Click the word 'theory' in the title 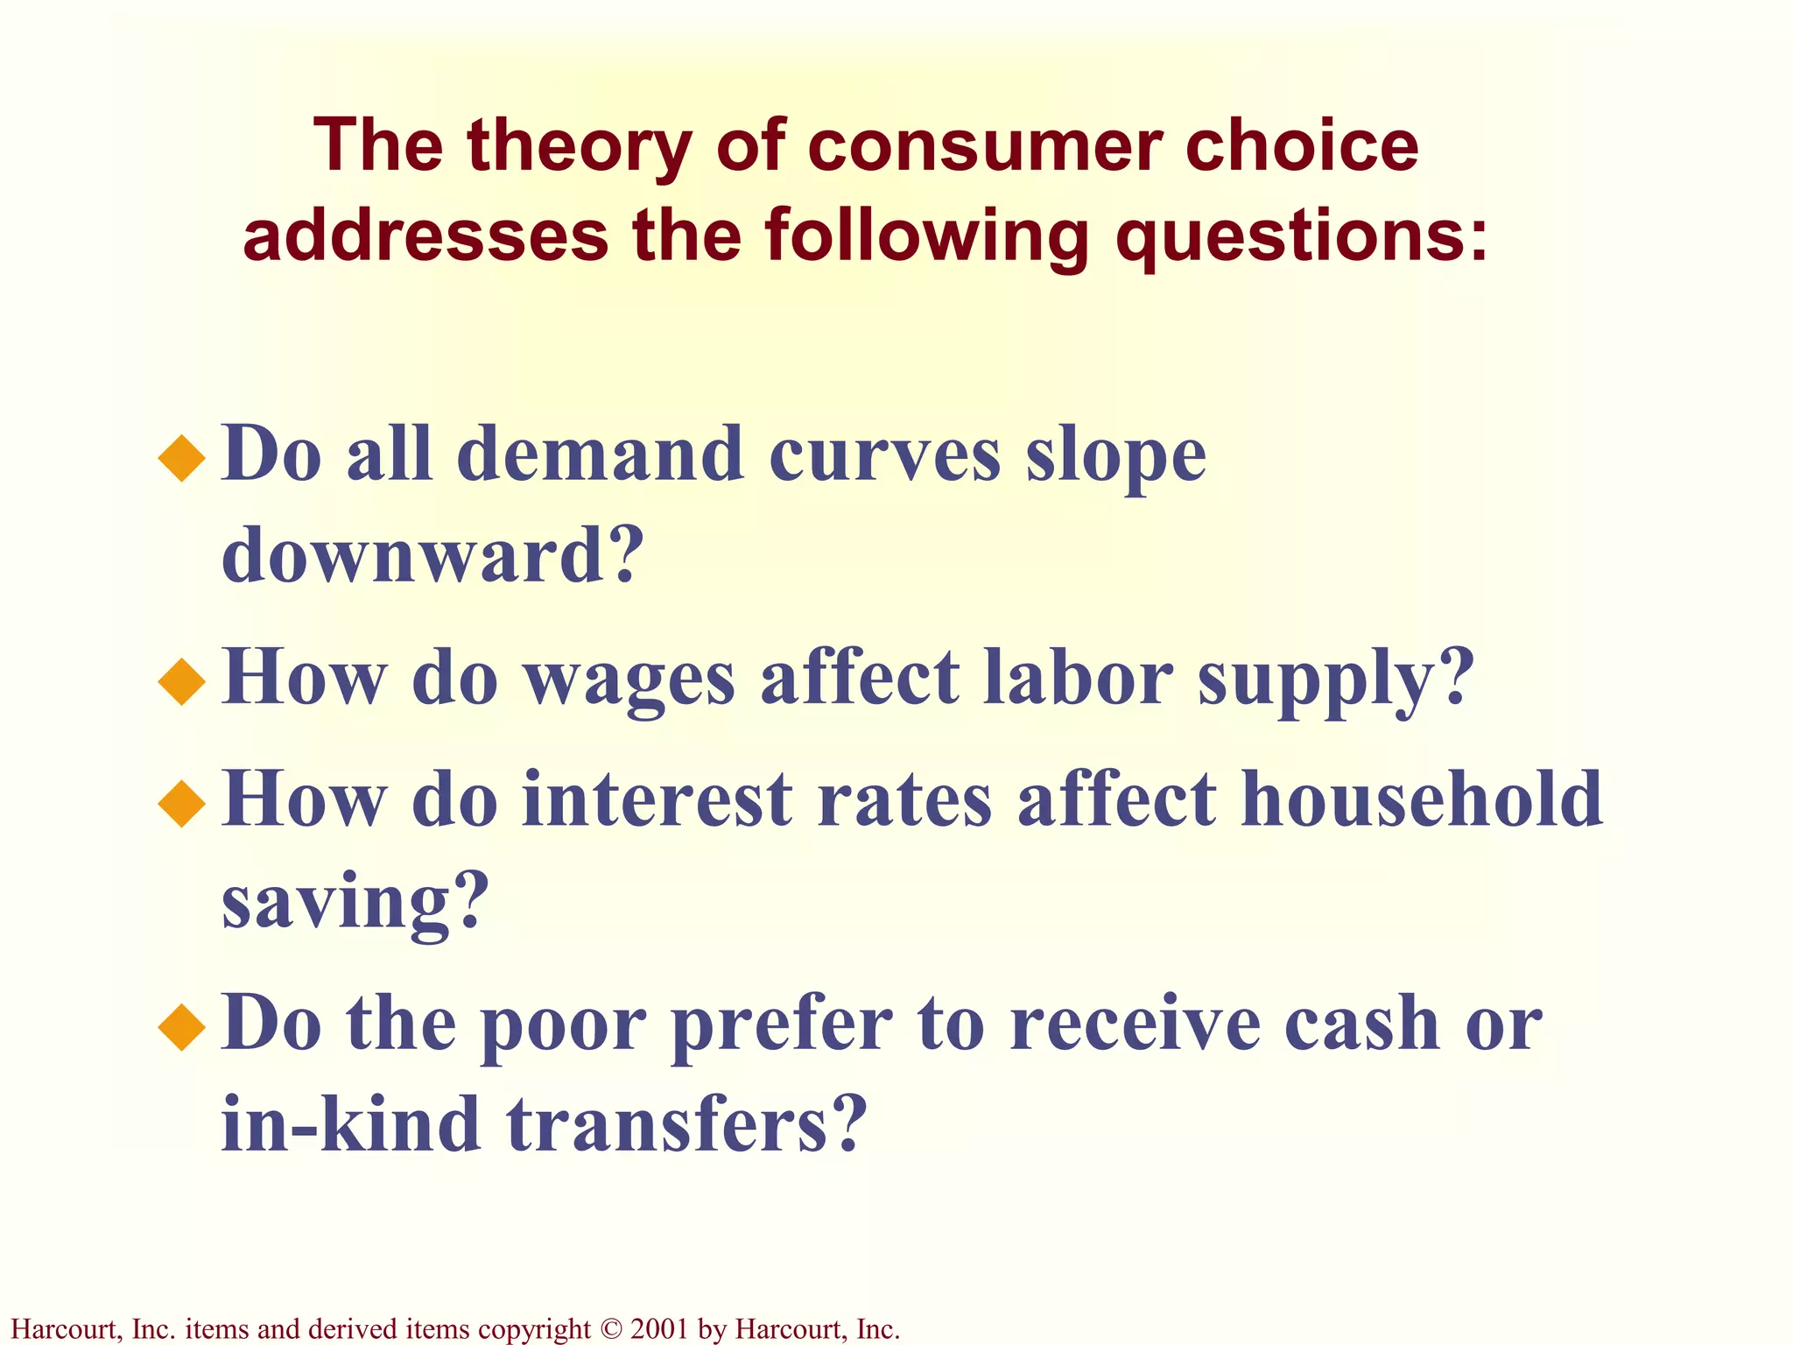pos(579,146)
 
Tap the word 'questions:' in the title pos(1302,236)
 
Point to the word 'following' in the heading pos(927,236)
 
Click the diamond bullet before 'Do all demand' pos(182,458)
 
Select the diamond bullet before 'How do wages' pos(182,681)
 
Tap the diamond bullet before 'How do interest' pos(182,803)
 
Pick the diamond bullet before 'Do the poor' pos(182,1026)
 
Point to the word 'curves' pos(884,455)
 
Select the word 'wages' pos(629,680)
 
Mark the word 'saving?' pos(354,904)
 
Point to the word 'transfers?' pos(686,1124)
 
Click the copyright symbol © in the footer pos(610,1329)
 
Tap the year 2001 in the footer pos(659,1329)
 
